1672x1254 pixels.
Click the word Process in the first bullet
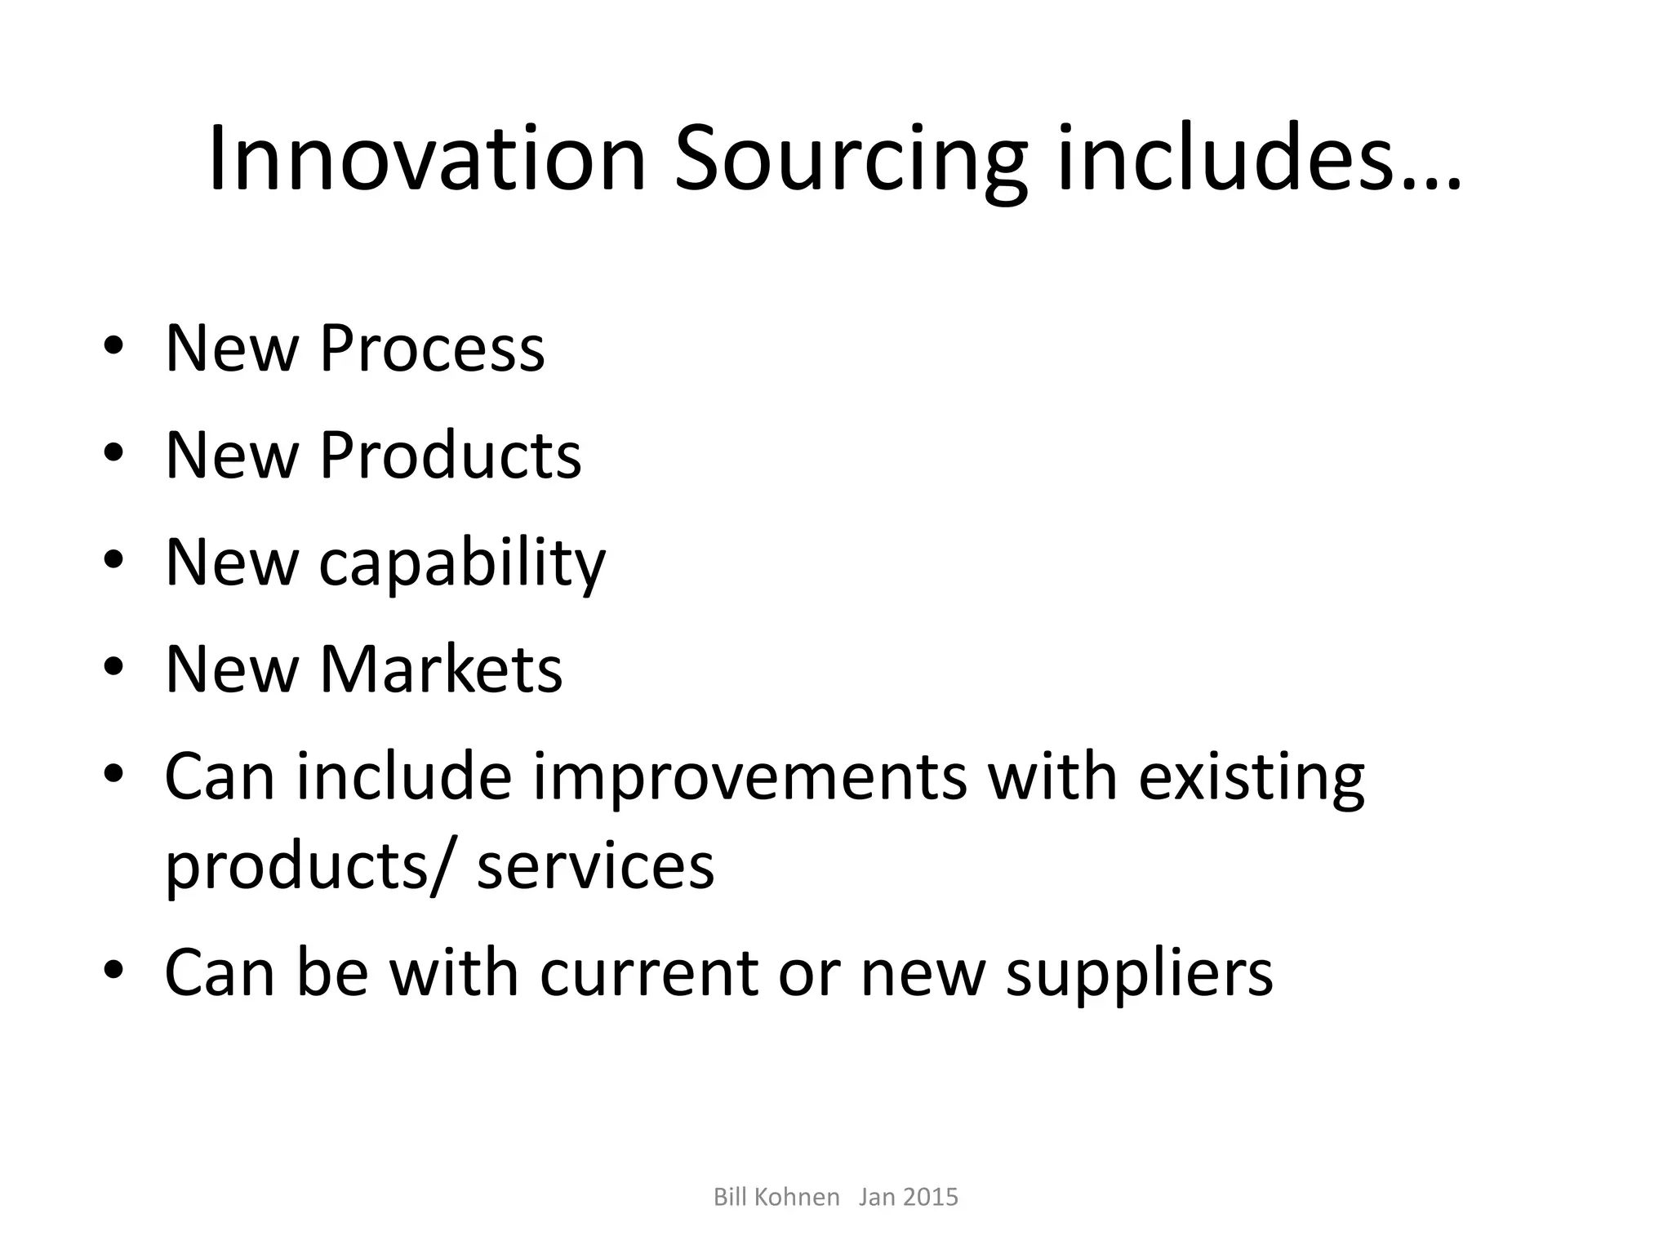tap(432, 349)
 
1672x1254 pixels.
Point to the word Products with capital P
tap(450, 455)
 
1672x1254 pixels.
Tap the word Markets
tap(441, 669)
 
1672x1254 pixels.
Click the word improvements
tap(750, 776)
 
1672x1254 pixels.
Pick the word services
tap(595, 867)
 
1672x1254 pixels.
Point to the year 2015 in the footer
tap(931, 1197)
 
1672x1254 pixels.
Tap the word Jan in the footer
tap(877, 1197)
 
